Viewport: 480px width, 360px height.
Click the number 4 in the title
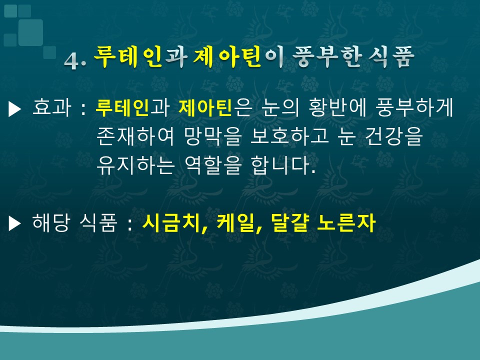(72, 60)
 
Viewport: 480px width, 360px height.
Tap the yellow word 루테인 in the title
(127, 57)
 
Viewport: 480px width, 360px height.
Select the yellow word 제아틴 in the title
(227, 57)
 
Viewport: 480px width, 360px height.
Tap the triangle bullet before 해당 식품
(14, 223)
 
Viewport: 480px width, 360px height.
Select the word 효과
(51, 107)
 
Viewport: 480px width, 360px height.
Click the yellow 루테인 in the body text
(122, 107)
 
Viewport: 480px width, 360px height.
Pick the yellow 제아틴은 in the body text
(215, 107)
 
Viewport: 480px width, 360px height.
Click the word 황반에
(337, 107)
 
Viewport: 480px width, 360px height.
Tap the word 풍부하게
(415, 107)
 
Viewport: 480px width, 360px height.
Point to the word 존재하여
(135, 136)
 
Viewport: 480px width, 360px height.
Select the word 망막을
(213, 136)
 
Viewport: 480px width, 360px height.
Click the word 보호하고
(289, 136)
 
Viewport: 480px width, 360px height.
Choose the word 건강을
(394, 136)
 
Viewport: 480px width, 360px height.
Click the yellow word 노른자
(346, 222)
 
